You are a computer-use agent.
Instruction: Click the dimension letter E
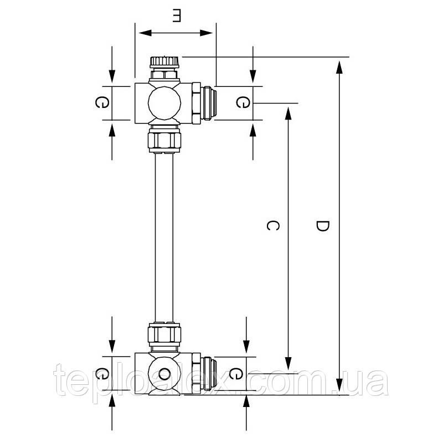point(176,16)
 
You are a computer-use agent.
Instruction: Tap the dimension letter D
point(322,226)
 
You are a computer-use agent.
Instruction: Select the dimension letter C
point(272,225)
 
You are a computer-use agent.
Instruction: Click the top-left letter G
point(101,102)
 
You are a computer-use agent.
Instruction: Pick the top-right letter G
point(243,102)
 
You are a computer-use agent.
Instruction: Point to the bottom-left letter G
point(101,373)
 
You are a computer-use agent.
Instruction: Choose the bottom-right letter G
point(236,373)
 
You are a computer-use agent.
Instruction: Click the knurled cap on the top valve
point(164,63)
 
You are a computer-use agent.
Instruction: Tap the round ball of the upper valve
point(164,103)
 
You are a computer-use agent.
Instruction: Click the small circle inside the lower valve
point(164,374)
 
